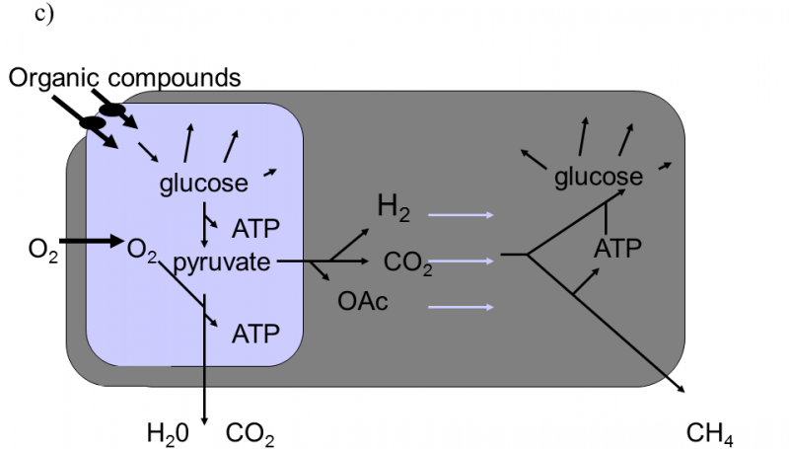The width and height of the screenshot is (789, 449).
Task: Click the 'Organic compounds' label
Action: tap(125, 77)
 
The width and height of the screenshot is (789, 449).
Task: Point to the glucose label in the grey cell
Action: tap(599, 177)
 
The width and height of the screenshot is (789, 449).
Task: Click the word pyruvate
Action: tap(223, 262)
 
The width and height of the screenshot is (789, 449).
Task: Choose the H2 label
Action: tap(394, 207)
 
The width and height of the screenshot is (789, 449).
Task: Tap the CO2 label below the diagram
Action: tap(250, 432)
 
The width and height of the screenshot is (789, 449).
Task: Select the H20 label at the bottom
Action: tap(167, 432)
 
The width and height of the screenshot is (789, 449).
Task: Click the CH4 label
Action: tap(709, 432)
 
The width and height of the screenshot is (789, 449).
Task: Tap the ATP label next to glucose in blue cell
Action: tap(255, 230)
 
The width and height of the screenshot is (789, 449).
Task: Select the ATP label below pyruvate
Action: tap(255, 334)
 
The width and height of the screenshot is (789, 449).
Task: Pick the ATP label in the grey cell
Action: tap(618, 248)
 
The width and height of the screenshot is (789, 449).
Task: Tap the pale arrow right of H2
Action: tap(460, 214)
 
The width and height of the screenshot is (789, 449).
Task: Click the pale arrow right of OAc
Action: tap(460, 308)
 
